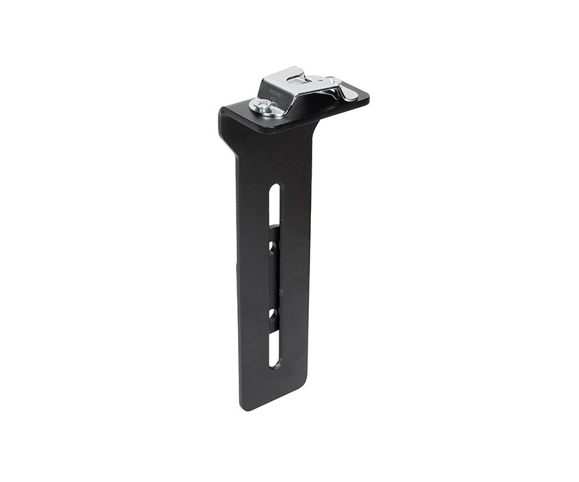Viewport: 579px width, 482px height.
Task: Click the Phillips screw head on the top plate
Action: point(263,104)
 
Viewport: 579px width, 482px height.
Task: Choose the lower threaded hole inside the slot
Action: point(272,313)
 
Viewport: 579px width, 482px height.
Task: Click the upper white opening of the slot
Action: point(274,204)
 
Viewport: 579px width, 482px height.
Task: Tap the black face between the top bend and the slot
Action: point(275,157)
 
